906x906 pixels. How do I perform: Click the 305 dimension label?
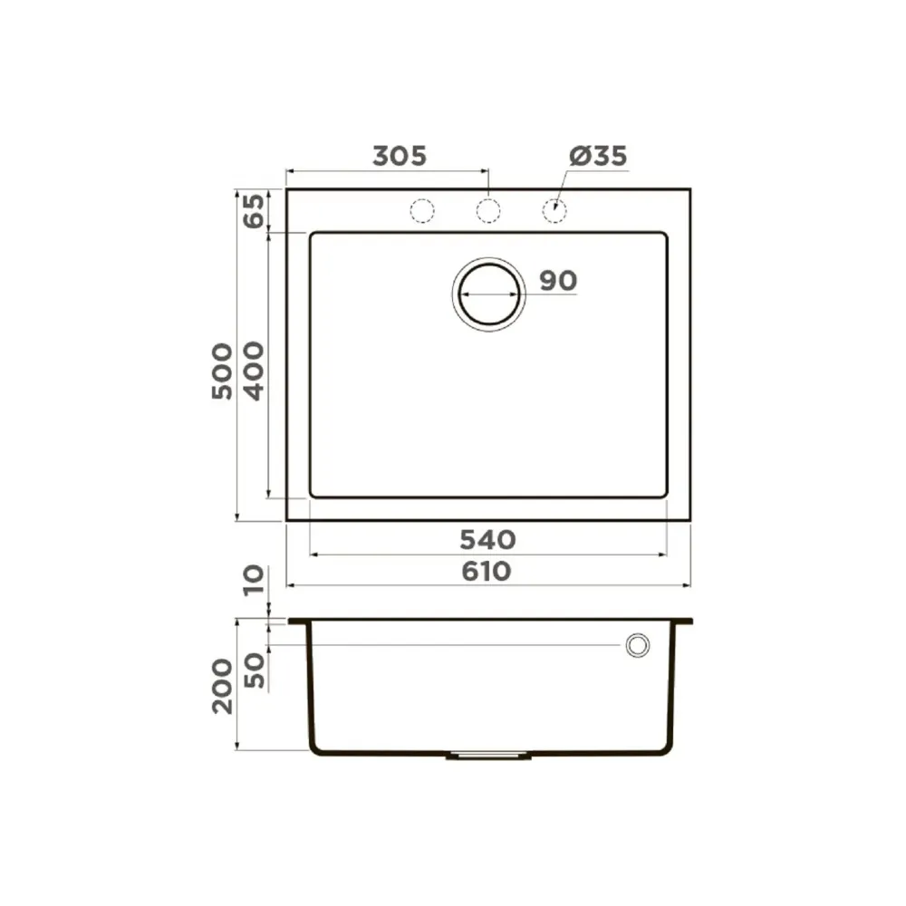pyautogui.click(x=400, y=156)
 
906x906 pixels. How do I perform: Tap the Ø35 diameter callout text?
pyautogui.click(x=598, y=156)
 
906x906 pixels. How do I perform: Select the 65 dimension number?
pyautogui.click(x=253, y=211)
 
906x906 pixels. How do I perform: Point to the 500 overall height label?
pyautogui.click(x=222, y=371)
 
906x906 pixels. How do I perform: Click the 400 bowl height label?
pyautogui.click(x=253, y=371)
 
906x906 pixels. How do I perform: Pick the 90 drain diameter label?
pyautogui.click(x=558, y=281)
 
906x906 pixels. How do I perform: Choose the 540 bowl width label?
pyautogui.click(x=487, y=540)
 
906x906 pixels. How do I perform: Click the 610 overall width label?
pyautogui.click(x=487, y=572)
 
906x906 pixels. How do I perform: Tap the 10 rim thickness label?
pyautogui.click(x=253, y=581)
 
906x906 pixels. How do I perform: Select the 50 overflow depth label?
pyautogui.click(x=255, y=670)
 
